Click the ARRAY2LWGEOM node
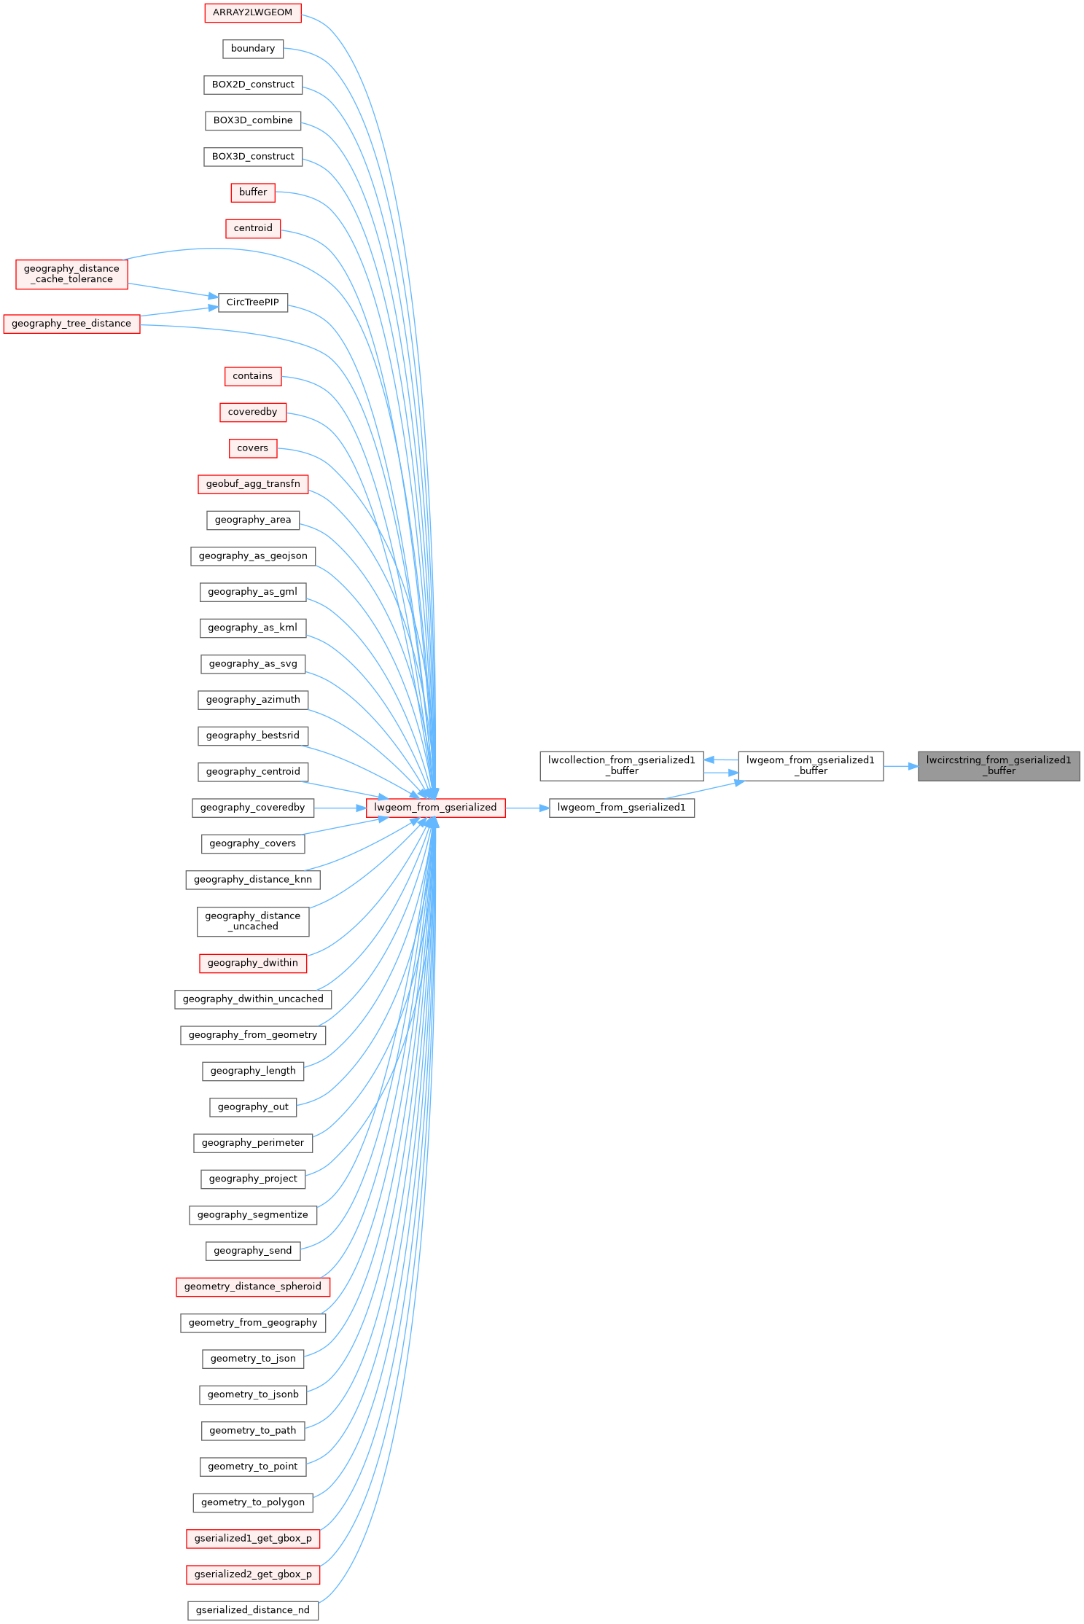point(252,12)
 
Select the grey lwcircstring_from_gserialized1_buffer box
point(998,765)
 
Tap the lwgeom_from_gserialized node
point(435,808)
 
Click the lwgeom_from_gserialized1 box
point(621,808)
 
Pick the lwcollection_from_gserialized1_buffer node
point(621,765)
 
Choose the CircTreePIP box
point(252,302)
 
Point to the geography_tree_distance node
point(71,324)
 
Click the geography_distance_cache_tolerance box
point(71,274)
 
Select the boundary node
point(252,49)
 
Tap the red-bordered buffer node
point(252,192)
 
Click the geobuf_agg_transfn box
point(252,484)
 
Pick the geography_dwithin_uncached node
point(252,999)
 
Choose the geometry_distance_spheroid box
point(252,1287)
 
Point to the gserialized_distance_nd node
point(252,1610)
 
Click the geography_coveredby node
point(252,808)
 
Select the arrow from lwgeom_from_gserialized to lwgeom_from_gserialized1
point(526,808)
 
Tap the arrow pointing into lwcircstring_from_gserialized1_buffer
point(901,766)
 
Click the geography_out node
point(252,1107)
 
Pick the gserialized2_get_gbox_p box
point(252,1574)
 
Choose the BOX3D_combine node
point(252,121)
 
